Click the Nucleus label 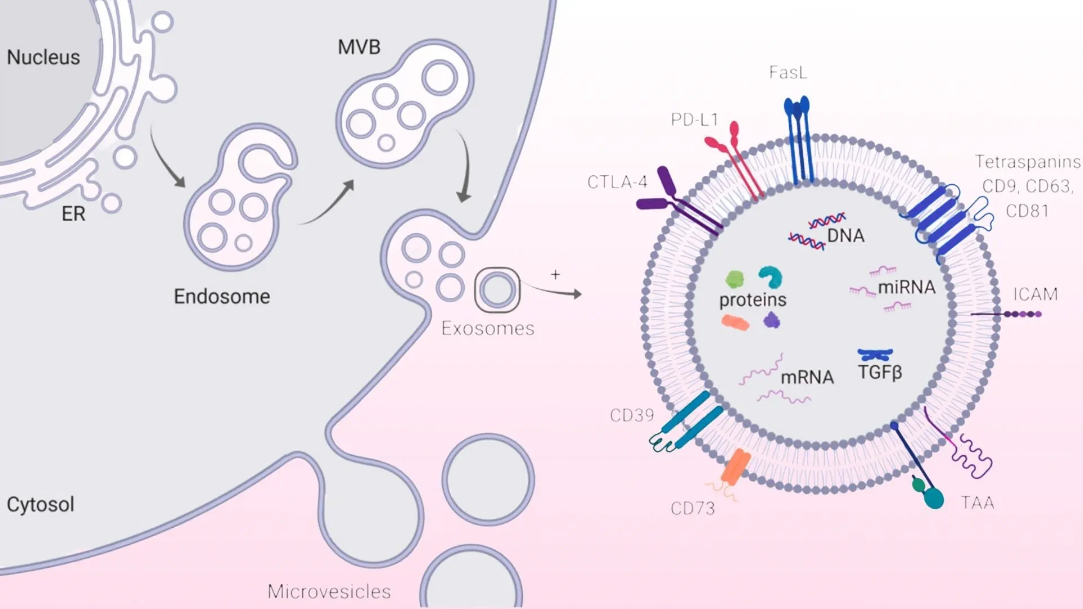tap(43, 58)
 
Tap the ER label tap(74, 214)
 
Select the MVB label tap(359, 47)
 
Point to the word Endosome tap(222, 297)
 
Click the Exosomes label tap(488, 329)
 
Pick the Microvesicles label tap(329, 592)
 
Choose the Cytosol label tap(41, 505)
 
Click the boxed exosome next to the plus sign tap(497, 290)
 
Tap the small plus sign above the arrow tap(556, 275)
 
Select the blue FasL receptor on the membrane tap(798, 141)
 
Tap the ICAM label tap(1035, 294)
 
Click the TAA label tap(978, 503)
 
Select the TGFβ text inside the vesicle tap(880, 373)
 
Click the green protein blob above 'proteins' tap(734, 279)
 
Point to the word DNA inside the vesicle tap(846, 236)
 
